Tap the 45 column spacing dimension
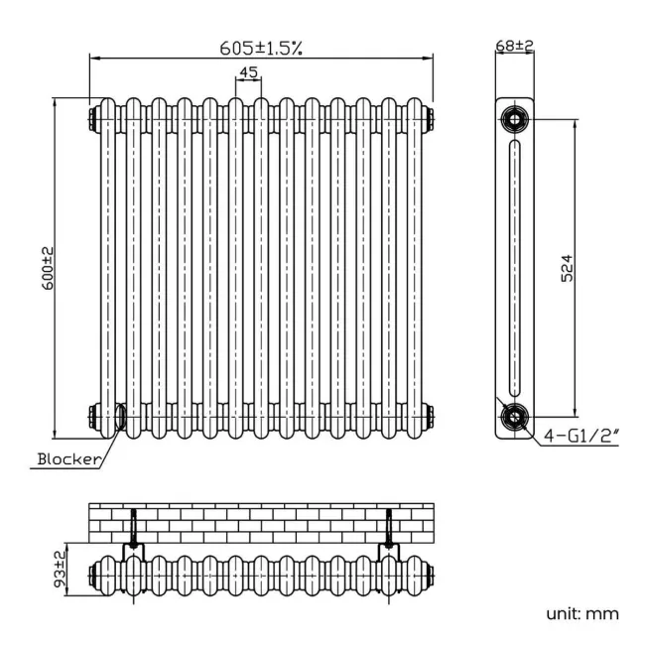pos(248,72)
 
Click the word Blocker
pos(68,458)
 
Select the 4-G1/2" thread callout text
pos(582,435)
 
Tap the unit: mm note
pos(581,613)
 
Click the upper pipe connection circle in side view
pos(514,120)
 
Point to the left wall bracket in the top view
pos(133,536)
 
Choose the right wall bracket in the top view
pos(390,536)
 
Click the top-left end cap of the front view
pos(92,118)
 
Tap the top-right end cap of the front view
pos(432,118)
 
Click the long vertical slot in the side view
pos(514,268)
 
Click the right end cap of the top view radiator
pos(432,574)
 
